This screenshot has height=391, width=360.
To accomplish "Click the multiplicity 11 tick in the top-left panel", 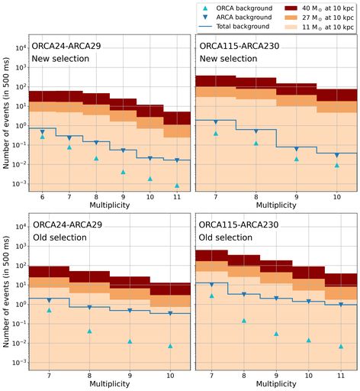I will point(176,197).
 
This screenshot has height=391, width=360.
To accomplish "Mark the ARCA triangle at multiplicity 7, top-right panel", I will point(216,122).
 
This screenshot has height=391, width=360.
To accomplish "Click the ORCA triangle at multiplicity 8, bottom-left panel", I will point(89,331).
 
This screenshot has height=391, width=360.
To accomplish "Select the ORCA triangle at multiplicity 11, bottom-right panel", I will point(341,346).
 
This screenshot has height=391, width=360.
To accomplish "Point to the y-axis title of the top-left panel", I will point(8,115).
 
